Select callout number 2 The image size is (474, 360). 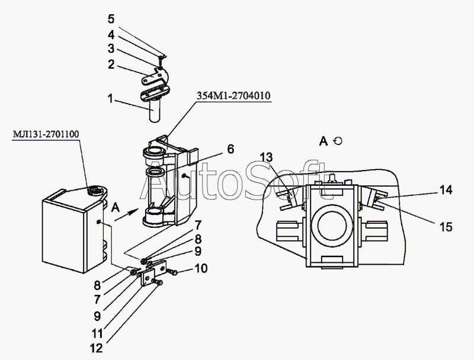pyautogui.click(x=111, y=65)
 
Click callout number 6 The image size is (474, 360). pyautogui.click(x=230, y=150)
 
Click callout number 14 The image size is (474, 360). pyautogui.click(x=446, y=190)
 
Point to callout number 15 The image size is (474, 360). pyautogui.click(x=446, y=226)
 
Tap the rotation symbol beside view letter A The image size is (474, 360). pyautogui.click(x=338, y=141)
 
